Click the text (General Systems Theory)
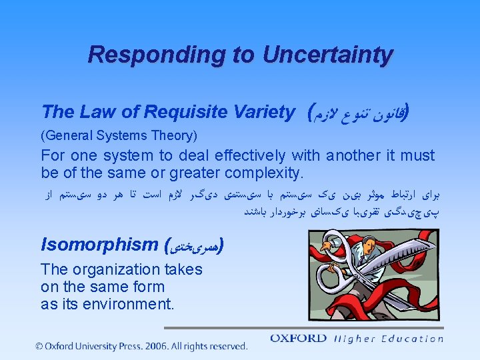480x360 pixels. pyautogui.click(x=119, y=136)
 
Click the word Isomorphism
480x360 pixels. pyautogui.click(x=99, y=245)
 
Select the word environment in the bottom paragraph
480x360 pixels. pyautogui.click(x=130, y=304)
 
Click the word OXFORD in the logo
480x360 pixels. pyautogui.click(x=299, y=339)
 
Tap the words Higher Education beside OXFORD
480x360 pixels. pyautogui.click(x=389, y=339)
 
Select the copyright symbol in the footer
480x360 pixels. pyautogui.click(x=40, y=346)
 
